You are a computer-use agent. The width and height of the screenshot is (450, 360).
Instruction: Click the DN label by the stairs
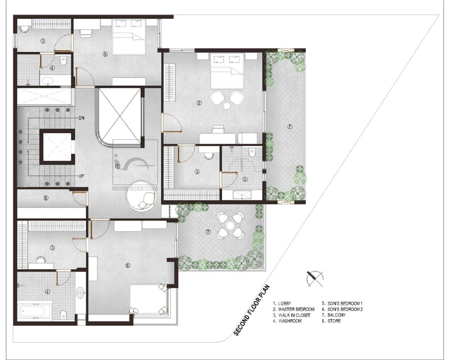[x=81, y=118]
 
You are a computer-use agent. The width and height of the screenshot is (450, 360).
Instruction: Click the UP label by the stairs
[x=81, y=176]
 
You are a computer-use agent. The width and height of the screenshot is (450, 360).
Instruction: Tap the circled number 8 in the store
[x=46, y=198]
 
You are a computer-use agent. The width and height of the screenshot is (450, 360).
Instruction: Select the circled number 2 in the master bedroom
[x=199, y=103]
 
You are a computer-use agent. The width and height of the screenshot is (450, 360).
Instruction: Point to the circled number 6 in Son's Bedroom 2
[x=127, y=265]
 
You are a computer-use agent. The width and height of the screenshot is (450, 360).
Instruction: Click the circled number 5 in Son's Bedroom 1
[x=105, y=54]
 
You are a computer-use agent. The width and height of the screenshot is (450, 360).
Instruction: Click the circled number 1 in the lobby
[x=118, y=166]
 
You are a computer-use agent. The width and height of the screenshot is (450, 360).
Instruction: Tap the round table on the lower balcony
[x=229, y=225]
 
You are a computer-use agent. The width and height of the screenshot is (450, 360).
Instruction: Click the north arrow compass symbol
[x=315, y=279]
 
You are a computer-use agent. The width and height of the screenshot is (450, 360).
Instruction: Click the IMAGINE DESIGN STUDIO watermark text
[x=135, y=189]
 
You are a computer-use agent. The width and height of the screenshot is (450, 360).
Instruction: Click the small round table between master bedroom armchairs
[x=227, y=105]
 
